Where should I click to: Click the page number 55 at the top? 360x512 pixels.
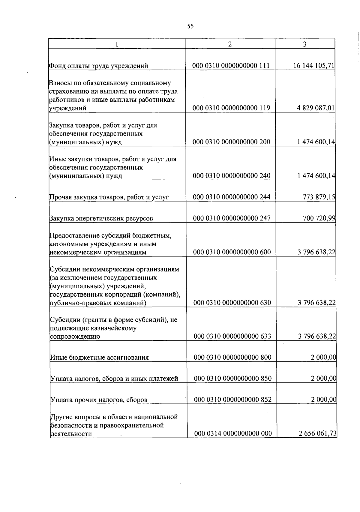pyautogui.click(x=190, y=26)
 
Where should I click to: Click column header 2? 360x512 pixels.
pyautogui.click(x=230, y=44)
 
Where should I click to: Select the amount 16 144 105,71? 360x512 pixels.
pyautogui.click(x=314, y=66)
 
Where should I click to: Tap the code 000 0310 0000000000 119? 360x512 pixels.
pyautogui.click(x=231, y=108)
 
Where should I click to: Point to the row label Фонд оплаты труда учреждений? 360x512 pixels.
pyautogui.click(x=98, y=66)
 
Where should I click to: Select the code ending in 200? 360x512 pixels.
pyautogui.click(x=232, y=142)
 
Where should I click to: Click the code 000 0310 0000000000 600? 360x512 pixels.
pyautogui.click(x=232, y=252)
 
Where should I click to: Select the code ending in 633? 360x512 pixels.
pyautogui.click(x=232, y=336)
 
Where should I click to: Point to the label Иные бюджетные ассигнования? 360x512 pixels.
pyautogui.click(x=99, y=358)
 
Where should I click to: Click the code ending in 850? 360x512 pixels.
pyautogui.click(x=233, y=379)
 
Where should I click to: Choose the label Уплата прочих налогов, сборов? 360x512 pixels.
pyautogui.click(x=99, y=400)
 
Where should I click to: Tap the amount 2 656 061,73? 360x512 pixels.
pyautogui.click(x=318, y=434)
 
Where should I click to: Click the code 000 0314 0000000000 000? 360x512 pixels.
pyautogui.click(x=233, y=434)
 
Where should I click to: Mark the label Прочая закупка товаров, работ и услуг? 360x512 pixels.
pyautogui.click(x=109, y=197)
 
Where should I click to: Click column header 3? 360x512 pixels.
pyautogui.click(x=305, y=44)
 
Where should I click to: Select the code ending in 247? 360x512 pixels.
pyautogui.click(x=232, y=218)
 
